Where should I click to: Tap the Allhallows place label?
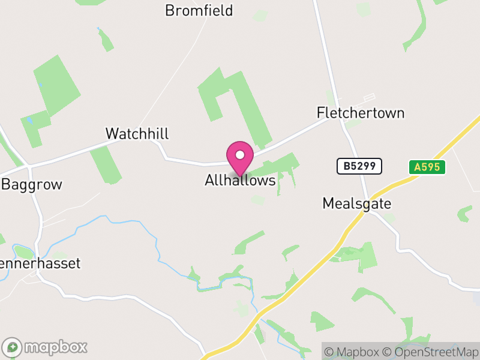(x=240, y=180)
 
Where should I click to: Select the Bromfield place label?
(x=199, y=11)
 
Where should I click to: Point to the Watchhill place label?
(x=137, y=133)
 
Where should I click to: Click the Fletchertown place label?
(x=361, y=113)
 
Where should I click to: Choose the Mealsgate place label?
(x=356, y=203)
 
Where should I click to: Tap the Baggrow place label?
(x=32, y=184)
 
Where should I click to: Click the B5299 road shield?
(x=359, y=166)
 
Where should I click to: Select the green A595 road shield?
(x=428, y=167)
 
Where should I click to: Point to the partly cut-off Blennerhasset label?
(x=40, y=263)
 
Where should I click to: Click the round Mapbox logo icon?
(x=13, y=347)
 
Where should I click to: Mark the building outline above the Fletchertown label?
(x=368, y=97)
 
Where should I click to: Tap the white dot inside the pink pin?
(x=240, y=155)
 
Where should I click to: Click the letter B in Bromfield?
(x=170, y=11)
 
